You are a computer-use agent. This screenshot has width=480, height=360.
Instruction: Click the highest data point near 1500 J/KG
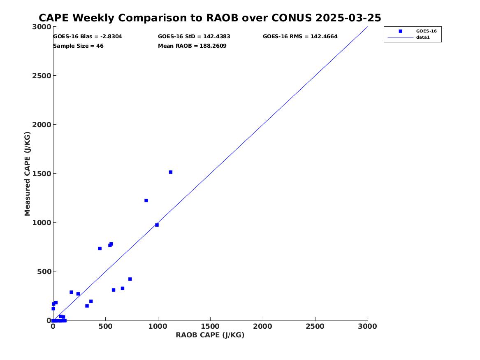tap(171, 172)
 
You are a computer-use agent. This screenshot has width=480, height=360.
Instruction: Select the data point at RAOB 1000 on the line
tap(157, 225)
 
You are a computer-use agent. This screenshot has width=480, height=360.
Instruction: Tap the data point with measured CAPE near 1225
tap(146, 200)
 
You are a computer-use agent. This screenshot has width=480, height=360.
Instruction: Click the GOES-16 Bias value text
tap(87, 37)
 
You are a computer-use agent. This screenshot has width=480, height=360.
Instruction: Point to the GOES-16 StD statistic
tap(194, 37)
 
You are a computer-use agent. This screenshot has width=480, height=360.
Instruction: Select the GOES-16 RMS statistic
tap(300, 37)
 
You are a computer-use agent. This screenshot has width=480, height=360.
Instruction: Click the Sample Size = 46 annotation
tap(78, 46)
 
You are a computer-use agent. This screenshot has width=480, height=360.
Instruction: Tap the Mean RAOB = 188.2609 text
tap(192, 46)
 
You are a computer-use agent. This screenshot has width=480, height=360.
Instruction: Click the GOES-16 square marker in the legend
tap(400, 31)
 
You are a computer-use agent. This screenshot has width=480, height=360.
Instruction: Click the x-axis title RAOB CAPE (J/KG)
tap(210, 335)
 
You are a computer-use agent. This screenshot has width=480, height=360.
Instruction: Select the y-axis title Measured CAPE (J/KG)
tap(28, 174)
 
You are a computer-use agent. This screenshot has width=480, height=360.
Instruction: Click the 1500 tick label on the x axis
tap(210, 326)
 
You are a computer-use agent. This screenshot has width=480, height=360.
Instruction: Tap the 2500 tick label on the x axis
tap(315, 326)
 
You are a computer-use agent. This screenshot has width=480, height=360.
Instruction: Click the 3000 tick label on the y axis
tap(42, 27)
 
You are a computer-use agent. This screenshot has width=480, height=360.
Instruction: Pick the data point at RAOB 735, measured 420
tap(130, 279)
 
